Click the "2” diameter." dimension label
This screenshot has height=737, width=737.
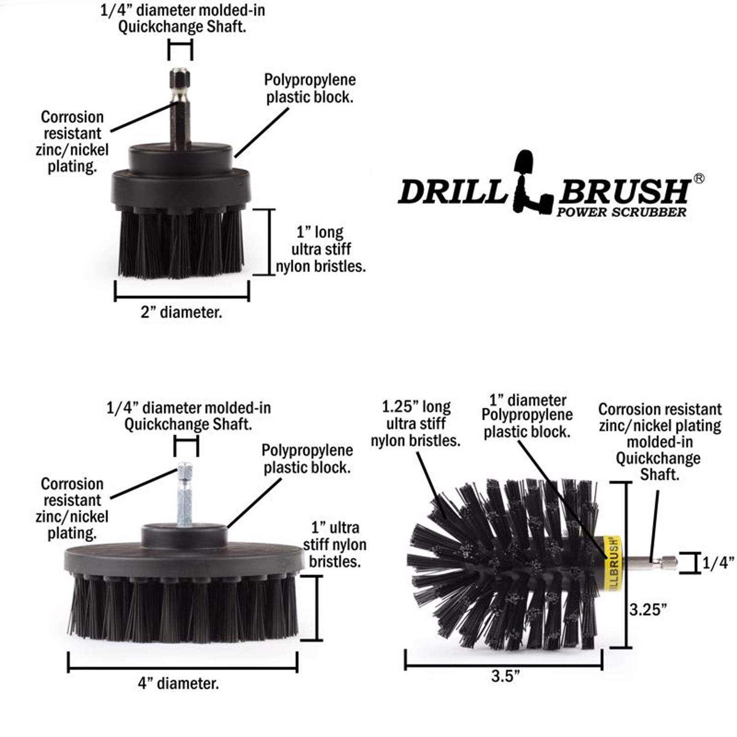(x=181, y=312)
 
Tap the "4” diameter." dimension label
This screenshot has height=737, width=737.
(x=178, y=683)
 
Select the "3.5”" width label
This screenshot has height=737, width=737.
(x=505, y=676)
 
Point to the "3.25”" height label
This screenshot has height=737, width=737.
(x=649, y=610)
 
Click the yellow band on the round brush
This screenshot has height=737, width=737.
(x=614, y=559)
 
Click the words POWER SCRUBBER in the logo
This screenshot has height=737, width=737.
(x=621, y=212)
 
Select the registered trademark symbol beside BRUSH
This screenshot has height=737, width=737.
(x=698, y=179)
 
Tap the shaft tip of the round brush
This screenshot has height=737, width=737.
(x=668, y=561)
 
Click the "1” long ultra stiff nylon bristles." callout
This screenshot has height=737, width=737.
(x=320, y=249)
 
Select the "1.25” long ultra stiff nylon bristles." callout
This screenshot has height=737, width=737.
(x=416, y=424)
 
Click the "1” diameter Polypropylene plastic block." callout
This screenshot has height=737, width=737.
(x=527, y=416)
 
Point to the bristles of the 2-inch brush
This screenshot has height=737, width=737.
(x=180, y=243)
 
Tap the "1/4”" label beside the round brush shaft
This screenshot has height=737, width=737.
(x=717, y=563)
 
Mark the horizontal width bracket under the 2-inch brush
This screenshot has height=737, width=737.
(x=182, y=297)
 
